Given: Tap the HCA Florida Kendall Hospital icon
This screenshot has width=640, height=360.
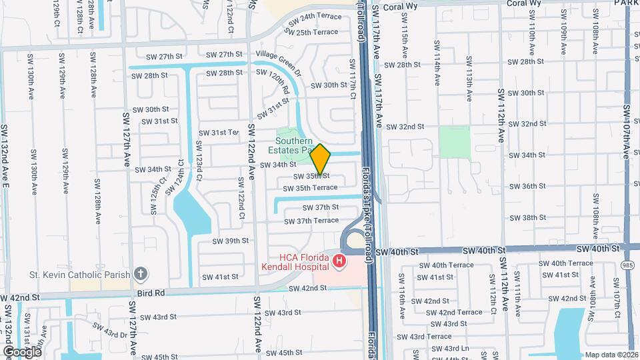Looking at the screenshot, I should (339, 261).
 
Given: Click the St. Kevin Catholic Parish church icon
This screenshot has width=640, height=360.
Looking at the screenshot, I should (140, 273).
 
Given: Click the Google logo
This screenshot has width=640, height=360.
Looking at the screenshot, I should (22, 351).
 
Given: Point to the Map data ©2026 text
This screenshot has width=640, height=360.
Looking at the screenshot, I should (611, 355).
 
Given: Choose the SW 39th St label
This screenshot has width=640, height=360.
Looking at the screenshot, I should (230, 241).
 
